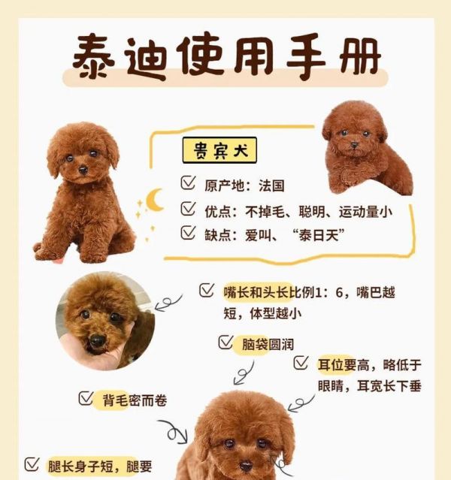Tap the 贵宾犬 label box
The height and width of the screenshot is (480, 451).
click(x=219, y=151)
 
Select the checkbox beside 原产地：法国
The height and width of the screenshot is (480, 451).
click(x=188, y=183)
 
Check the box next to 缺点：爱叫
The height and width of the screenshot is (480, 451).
click(x=188, y=234)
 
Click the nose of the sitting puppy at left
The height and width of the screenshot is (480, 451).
click(x=83, y=171)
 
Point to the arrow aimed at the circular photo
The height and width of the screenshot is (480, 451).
click(x=168, y=302)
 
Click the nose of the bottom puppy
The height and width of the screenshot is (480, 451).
click(x=246, y=466)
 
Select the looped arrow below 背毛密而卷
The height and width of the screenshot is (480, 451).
click(x=175, y=432)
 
